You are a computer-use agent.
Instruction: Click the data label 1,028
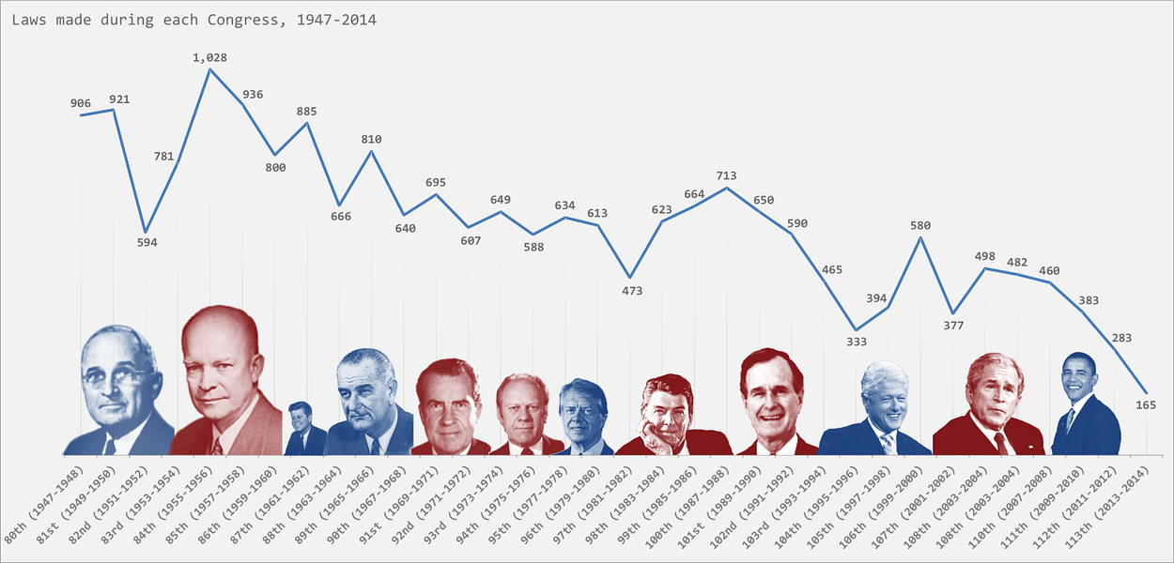click(x=209, y=58)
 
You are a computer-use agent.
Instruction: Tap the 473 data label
click(x=632, y=291)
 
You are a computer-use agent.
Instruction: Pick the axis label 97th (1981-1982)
click(x=598, y=499)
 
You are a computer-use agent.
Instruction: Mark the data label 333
click(x=857, y=342)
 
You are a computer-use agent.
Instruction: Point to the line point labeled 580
click(x=920, y=237)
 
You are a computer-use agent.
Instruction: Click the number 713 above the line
click(x=726, y=175)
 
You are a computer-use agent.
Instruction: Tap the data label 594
click(x=147, y=243)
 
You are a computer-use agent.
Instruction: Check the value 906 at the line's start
click(x=81, y=103)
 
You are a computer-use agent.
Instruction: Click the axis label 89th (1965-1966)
click(x=339, y=499)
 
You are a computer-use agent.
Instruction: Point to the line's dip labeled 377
click(x=952, y=313)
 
